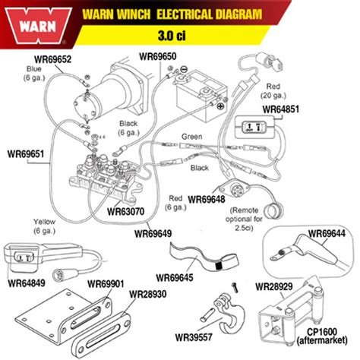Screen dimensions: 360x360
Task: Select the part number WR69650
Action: point(158,56)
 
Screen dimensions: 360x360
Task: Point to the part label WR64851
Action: point(281,109)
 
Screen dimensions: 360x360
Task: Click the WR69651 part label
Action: point(27,154)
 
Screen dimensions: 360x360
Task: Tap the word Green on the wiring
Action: point(192,137)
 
